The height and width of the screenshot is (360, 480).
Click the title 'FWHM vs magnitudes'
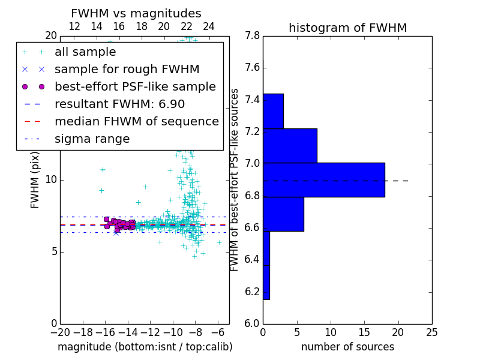[136, 14]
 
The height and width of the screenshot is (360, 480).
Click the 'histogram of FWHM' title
[347, 28]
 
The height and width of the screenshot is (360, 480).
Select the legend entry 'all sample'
[85, 52]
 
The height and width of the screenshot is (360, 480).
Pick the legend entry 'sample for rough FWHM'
[127, 70]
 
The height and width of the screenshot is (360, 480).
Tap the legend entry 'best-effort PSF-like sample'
[135, 87]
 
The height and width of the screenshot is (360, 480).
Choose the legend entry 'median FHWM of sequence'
[136, 122]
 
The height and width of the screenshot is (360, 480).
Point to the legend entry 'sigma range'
[92, 139]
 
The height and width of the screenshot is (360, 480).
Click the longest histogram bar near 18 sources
[323, 180]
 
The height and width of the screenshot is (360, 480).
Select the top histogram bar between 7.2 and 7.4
[273, 111]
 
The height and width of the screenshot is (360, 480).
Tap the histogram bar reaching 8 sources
[290, 146]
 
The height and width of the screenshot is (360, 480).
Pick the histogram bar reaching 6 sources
[283, 214]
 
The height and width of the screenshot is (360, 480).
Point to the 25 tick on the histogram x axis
[431, 332]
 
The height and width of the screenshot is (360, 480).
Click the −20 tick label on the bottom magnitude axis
[59, 332]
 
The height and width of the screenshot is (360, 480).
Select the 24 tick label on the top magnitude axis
[208, 26]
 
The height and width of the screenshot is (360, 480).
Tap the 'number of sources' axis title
[347, 347]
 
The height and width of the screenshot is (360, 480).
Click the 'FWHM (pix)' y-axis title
[35, 180]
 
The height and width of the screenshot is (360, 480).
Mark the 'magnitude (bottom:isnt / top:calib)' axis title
[145, 347]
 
